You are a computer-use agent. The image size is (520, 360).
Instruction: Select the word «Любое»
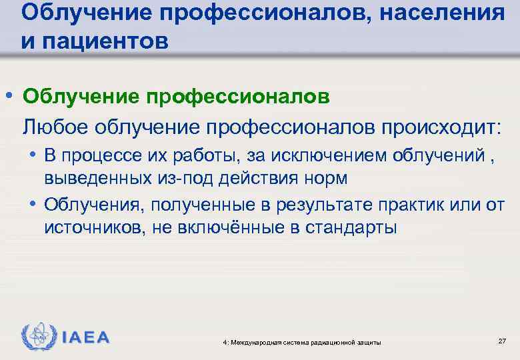coord(51,125)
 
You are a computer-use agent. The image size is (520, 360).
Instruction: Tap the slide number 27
coord(501,341)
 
